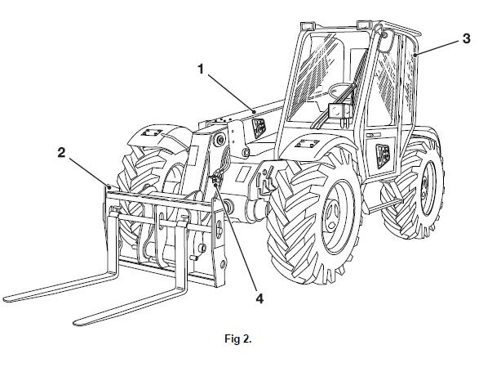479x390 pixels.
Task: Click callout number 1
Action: tap(201, 69)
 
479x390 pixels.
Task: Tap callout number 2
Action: tap(62, 152)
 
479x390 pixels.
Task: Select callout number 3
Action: tap(466, 39)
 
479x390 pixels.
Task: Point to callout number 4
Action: tap(259, 298)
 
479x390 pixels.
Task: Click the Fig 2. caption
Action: tap(238, 338)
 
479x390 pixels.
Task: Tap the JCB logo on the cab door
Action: tap(383, 156)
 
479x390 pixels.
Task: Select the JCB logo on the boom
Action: tap(259, 127)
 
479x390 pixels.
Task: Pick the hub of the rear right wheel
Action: tap(424, 189)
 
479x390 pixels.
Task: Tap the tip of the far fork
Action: tap(5, 299)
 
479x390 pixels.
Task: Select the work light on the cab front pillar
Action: tap(340, 111)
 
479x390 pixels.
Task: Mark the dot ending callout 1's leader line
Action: tap(254, 112)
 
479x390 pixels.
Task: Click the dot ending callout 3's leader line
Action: tap(415, 55)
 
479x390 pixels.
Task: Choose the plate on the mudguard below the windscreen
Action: tap(307, 143)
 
